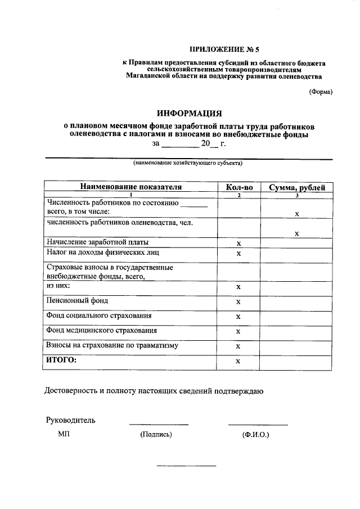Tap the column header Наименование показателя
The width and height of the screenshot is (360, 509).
click(130, 187)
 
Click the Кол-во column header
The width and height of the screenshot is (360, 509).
click(238, 187)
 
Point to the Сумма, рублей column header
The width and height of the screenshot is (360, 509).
click(296, 187)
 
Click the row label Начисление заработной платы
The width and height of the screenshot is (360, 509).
click(90, 242)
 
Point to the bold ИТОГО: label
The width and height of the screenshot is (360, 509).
click(61, 360)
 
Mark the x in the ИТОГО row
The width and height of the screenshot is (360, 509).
click(238, 361)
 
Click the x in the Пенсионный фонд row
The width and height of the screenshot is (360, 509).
click(238, 302)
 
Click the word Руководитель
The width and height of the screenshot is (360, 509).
click(70, 420)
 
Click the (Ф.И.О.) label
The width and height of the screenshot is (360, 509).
click(256, 435)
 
